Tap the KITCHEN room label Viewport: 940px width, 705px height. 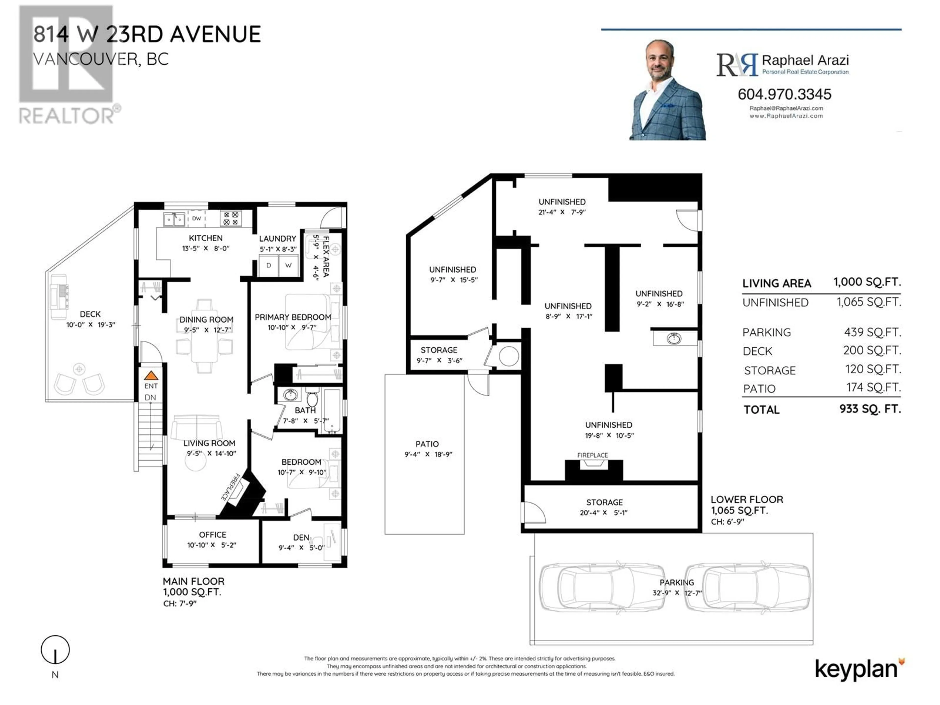[x=206, y=238]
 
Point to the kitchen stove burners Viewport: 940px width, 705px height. [x=231, y=218]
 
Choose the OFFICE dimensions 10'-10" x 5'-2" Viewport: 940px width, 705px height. [x=212, y=545]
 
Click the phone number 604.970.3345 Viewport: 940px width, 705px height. [x=785, y=94]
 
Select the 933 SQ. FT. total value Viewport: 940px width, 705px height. [x=870, y=409]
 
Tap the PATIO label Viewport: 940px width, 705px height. [x=427, y=444]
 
